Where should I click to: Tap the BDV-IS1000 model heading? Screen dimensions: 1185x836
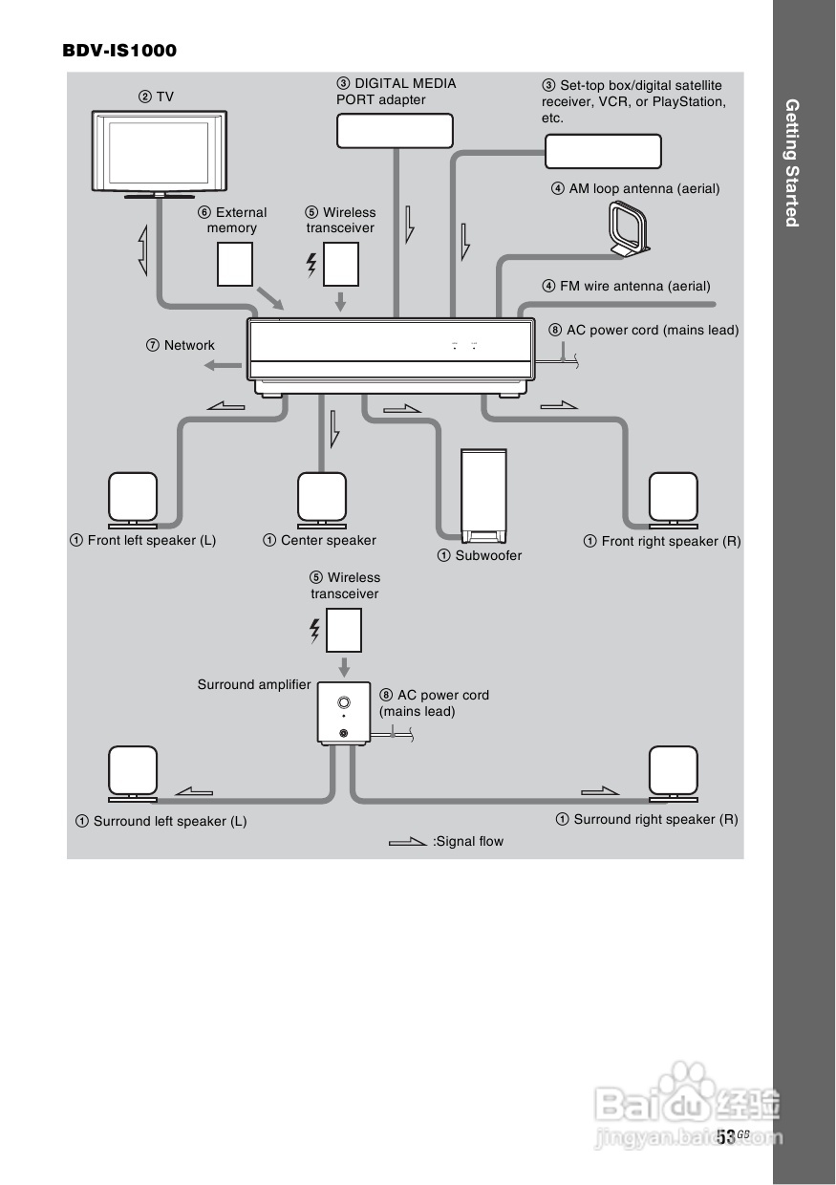(x=119, y=50)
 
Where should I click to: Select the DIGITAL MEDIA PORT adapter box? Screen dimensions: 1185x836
(x=395, y=131)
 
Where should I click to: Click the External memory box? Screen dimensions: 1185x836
(x=235, y=264)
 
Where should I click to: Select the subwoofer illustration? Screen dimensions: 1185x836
(x=482, y=494)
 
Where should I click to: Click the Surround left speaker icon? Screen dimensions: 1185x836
(x=133, y=772)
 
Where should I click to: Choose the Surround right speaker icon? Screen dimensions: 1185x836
(x=674, y=772)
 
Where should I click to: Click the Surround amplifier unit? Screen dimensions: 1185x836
(x=343, y=713)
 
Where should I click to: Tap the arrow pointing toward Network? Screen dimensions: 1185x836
(x=225, y=364)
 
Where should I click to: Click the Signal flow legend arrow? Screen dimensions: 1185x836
(x=408, y=842)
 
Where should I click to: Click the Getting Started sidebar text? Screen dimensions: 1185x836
(x=791, y=162)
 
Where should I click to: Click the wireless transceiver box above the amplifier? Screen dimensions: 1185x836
(x=344, y=631)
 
